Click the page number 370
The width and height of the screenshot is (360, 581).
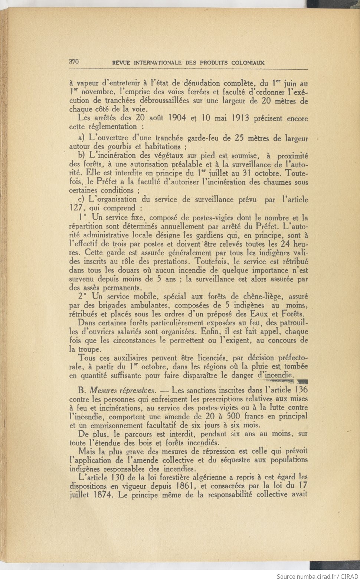[x=74, y=62]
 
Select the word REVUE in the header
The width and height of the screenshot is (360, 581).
[x=121, y=63]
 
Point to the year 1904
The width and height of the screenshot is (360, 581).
[x=179, y=118]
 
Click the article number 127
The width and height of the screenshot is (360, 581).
[x=77, y=208]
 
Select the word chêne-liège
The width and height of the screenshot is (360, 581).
[x=264, y=297]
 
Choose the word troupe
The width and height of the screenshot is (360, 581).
[x=89, y=349]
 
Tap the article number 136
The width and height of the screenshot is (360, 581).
[x=301, y=390]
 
